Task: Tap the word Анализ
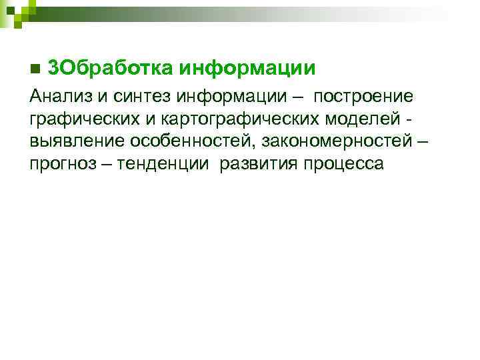coord(61,97)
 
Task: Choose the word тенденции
coord(164,165)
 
